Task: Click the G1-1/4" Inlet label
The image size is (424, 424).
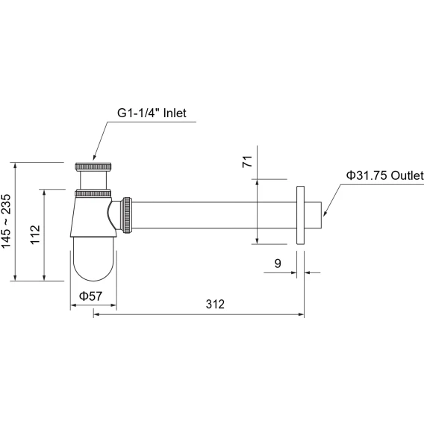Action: click(152, 113)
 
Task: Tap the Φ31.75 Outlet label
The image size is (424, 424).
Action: click(385, 175)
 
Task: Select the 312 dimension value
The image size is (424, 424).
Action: click(215, 305)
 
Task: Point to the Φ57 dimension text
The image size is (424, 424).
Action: click(90, 296)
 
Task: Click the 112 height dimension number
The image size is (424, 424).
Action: click(35, 234)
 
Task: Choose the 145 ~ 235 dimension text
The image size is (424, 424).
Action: click(6, 221)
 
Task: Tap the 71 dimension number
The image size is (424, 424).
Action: click(247, 161)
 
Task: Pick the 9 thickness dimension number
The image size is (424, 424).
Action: click(278, 263)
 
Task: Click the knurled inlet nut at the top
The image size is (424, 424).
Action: click(93, 166)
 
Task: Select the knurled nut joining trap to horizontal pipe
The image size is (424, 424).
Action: click(127, 215)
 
